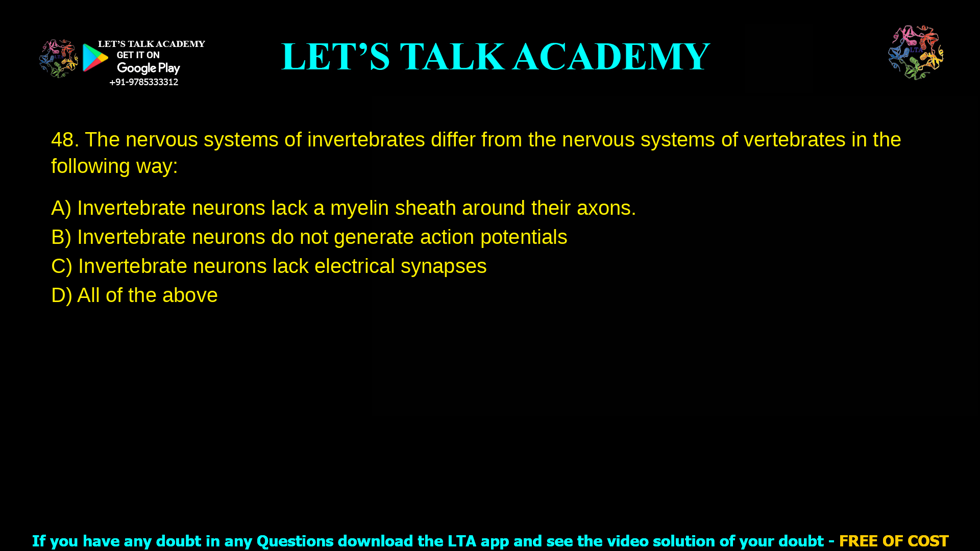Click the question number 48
coord(64,140)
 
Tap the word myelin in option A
coord(359,208)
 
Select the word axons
coord(606,208)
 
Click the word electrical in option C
coord(354,266)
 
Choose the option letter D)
coord(61,295)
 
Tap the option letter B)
coord(61,237)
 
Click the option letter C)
coord(62,266)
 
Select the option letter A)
coord(61,208)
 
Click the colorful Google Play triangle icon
coord(95,58)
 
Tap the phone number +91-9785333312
coord(143,82)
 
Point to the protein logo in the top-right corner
coord(916,52)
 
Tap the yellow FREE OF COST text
coord(894,541)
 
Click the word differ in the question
coord(453,140)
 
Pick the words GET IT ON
coord(138,55)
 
